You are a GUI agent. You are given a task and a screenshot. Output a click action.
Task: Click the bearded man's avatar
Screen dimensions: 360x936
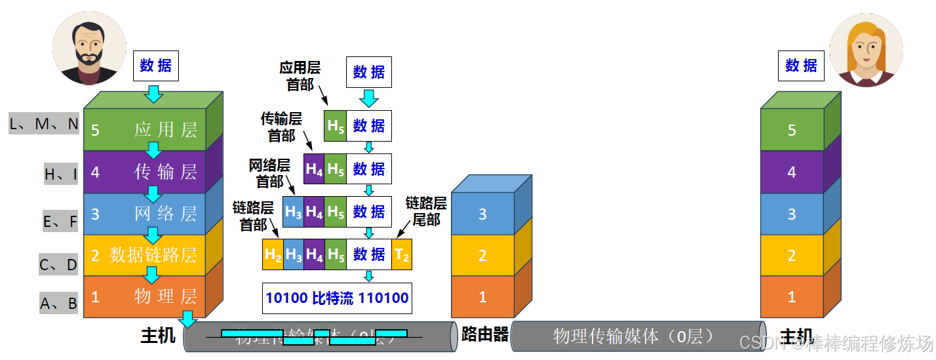[x=89, y=47]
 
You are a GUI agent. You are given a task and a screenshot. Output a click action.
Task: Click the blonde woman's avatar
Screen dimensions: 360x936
[x=866, y=50]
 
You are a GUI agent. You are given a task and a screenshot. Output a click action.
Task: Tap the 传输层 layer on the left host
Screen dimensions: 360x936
[x=145, y=172]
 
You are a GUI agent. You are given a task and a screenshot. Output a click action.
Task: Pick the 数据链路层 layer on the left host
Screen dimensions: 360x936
[x=145, y=254]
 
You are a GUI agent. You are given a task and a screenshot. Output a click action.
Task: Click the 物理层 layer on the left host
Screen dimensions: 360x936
[x=145, y=296]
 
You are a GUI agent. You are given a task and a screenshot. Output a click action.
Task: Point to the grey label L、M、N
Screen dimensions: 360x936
[x=44, y=124]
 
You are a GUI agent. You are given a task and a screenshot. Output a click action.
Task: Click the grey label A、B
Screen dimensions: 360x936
[x=59, y=303]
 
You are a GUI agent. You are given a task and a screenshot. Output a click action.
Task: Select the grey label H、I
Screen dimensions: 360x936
[x=61, y=174]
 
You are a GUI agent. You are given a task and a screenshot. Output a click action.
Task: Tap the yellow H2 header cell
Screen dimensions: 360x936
[x=273, y=254]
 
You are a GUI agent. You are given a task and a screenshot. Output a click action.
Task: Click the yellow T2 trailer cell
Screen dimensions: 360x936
[x=402, y=254]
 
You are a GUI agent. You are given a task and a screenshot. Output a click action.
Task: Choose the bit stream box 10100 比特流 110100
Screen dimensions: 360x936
[x=337, y=298]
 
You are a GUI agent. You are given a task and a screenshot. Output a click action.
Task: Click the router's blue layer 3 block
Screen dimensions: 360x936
[x=482, y=214]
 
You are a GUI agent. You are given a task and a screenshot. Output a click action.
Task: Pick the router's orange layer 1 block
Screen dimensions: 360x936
[x=482, y=297]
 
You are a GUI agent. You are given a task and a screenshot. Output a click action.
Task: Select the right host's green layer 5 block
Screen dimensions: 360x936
[x=792, y=130]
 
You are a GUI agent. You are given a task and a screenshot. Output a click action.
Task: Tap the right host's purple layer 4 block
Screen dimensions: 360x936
[x=792, y=172]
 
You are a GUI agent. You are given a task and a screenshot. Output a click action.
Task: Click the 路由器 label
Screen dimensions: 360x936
[x=485, y=334]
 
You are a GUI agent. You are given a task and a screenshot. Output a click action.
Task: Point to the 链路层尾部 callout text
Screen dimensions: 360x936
[x=426, y=211]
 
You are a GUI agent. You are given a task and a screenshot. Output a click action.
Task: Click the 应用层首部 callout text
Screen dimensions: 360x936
[x=300, y=75]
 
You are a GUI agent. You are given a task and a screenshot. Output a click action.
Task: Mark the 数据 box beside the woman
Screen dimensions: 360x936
[x=801, y=66]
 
